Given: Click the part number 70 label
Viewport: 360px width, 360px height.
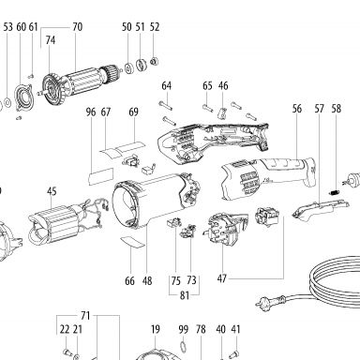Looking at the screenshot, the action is coord(78,27).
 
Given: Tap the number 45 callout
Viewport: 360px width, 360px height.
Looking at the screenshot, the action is coord(52,191).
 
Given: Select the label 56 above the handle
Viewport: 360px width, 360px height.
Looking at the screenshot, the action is coord(297,109).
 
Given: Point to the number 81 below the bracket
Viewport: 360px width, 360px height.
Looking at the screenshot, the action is coord(185,295).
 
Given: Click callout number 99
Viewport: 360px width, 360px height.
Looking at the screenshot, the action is coord(184,329).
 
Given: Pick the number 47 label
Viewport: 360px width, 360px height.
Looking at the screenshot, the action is coord(222,278).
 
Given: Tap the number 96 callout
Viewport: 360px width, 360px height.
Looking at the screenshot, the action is coord(91,112).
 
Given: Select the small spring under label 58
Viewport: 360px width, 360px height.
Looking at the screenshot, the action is coord(335,192).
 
